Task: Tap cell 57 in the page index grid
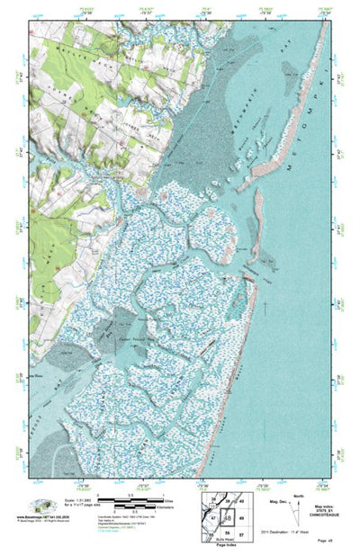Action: pyautogui.click(x=241, y=533)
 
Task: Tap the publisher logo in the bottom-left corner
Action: pyautogui.click(x=40, y=504)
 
